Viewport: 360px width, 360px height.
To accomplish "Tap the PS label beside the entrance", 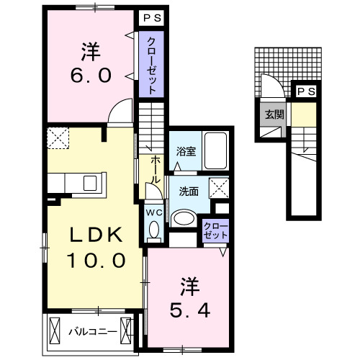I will pyautogui.click(x=305, y=91).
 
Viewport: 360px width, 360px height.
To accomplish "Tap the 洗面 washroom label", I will pyautogui.click(x=189, y=192).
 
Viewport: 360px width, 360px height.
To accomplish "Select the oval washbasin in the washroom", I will pyautogui.click(x=185, y=219).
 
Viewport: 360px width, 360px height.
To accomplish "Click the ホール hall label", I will pyautogui.click(x=156, y=171).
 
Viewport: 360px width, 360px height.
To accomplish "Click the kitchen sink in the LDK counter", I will pyautogui.click(x=90, y=183).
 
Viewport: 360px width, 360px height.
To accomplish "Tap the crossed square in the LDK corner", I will pyautogui.click(x=56, y=137).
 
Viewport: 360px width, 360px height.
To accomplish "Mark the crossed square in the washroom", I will pyautogui.click(x=217, y=188).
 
